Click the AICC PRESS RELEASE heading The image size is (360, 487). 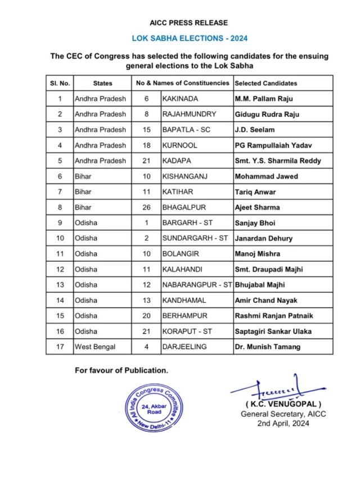pos(189,23)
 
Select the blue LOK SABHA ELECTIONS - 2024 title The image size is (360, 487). pos(189,39)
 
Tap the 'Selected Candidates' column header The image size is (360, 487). pos(265,83)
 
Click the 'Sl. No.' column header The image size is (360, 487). pos(60,83)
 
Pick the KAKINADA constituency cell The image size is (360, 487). pos(180,99)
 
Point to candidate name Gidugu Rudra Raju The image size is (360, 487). pos(267,114)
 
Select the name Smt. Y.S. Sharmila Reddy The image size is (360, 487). pos(278,161)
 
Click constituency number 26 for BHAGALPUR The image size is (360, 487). pos(146,207)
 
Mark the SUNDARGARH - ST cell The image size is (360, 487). pos(195,238)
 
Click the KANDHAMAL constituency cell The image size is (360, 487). pos(184,301)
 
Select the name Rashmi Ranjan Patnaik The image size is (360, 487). pos(273,316)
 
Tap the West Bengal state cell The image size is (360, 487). pos(96,347)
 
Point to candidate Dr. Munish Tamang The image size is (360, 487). pos(267,347)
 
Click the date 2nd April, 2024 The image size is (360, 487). pos(283,423)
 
